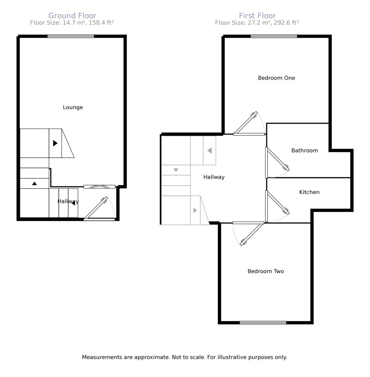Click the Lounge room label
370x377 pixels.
coord(73,107)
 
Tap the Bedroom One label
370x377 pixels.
coord(277,78)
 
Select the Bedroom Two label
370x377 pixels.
coord(266,271)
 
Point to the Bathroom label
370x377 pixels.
coord(305,151)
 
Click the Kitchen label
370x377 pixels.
coord(309,192)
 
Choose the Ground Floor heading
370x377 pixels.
coord(72,16)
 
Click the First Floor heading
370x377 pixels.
coord(257,16)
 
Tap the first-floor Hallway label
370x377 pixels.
coord(214,177)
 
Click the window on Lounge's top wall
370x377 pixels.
coord(71,36)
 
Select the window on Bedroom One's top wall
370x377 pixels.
coord(274,36)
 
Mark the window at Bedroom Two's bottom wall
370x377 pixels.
coord(263,323)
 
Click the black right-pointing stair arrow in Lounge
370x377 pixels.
coord(55,143)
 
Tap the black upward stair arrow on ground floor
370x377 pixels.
coord(35,183)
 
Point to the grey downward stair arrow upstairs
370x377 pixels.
coord(176,170)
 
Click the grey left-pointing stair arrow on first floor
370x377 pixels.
coord(210,151)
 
